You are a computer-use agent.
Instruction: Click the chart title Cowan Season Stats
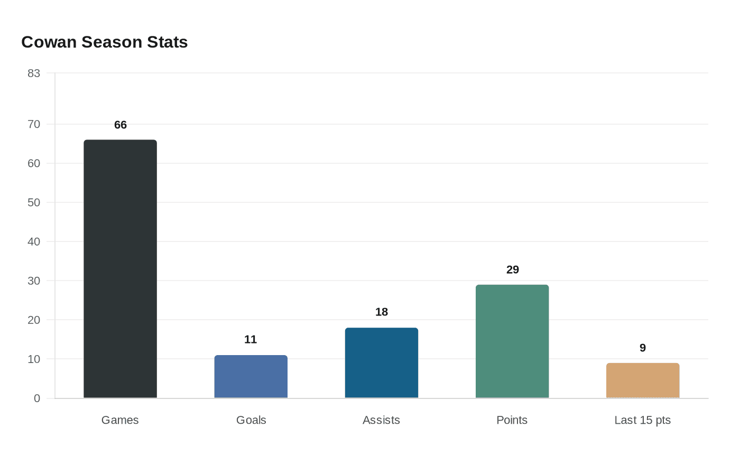105,42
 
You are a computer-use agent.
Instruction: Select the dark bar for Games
121,269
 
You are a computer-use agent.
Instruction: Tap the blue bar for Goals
251,377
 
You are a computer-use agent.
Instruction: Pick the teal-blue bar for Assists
382,363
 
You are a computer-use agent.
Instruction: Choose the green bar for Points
512,341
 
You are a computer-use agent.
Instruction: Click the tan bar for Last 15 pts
643,380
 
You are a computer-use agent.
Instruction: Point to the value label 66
121,125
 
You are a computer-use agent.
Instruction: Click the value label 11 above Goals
251,340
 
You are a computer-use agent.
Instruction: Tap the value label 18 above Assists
382,312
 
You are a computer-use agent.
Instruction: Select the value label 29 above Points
513,270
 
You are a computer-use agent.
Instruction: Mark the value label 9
643,348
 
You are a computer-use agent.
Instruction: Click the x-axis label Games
120,421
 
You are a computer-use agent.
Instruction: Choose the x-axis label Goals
251,421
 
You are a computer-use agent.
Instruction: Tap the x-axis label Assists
381,421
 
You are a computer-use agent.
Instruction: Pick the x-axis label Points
512,421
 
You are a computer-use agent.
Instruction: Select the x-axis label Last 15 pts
642,421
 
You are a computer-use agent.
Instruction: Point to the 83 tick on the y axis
34,73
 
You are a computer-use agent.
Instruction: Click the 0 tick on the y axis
37,398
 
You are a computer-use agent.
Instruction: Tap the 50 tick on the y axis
34,203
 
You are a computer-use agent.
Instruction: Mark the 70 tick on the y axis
34,125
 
